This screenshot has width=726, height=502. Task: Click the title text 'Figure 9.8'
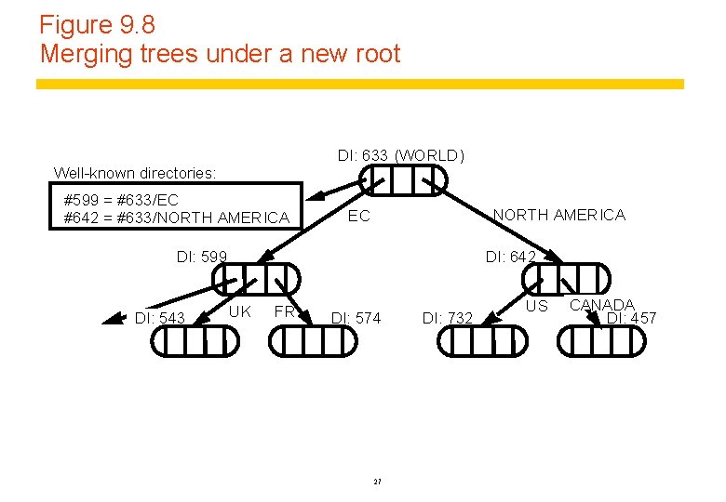click(x=98, y=24)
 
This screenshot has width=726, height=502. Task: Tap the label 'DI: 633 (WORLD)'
click(x=400, y=155)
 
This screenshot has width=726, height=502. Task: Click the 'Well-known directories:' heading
click(x=135, y=173)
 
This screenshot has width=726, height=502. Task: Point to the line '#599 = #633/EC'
click(x=120, y=200)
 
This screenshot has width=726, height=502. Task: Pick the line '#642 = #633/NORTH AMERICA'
click(x=176, y=218)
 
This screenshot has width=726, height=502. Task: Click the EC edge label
click(x=358, y=217)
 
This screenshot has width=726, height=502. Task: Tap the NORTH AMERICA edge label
click(x=558, y=216)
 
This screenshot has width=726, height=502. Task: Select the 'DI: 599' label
click(x=202, y=257)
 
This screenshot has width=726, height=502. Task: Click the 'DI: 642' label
click(x=511, y=257)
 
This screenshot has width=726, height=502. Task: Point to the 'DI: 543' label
click(x=160, y=318)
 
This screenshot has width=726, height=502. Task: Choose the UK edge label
click(x=240, y=311)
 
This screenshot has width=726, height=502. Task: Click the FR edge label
click(x=284, y=311)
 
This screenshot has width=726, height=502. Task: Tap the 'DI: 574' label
click(x=356, y=318)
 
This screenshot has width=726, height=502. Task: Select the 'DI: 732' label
click(x=448, y=318)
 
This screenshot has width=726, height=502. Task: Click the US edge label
click(x=538, y=306)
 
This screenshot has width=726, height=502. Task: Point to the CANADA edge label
click(x=602, y=305)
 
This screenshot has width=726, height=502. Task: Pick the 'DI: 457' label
click(x=631, y=318)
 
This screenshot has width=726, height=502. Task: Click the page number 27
click(x=377, y=481)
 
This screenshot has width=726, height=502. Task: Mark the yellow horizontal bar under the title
click(x=359, y=84)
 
